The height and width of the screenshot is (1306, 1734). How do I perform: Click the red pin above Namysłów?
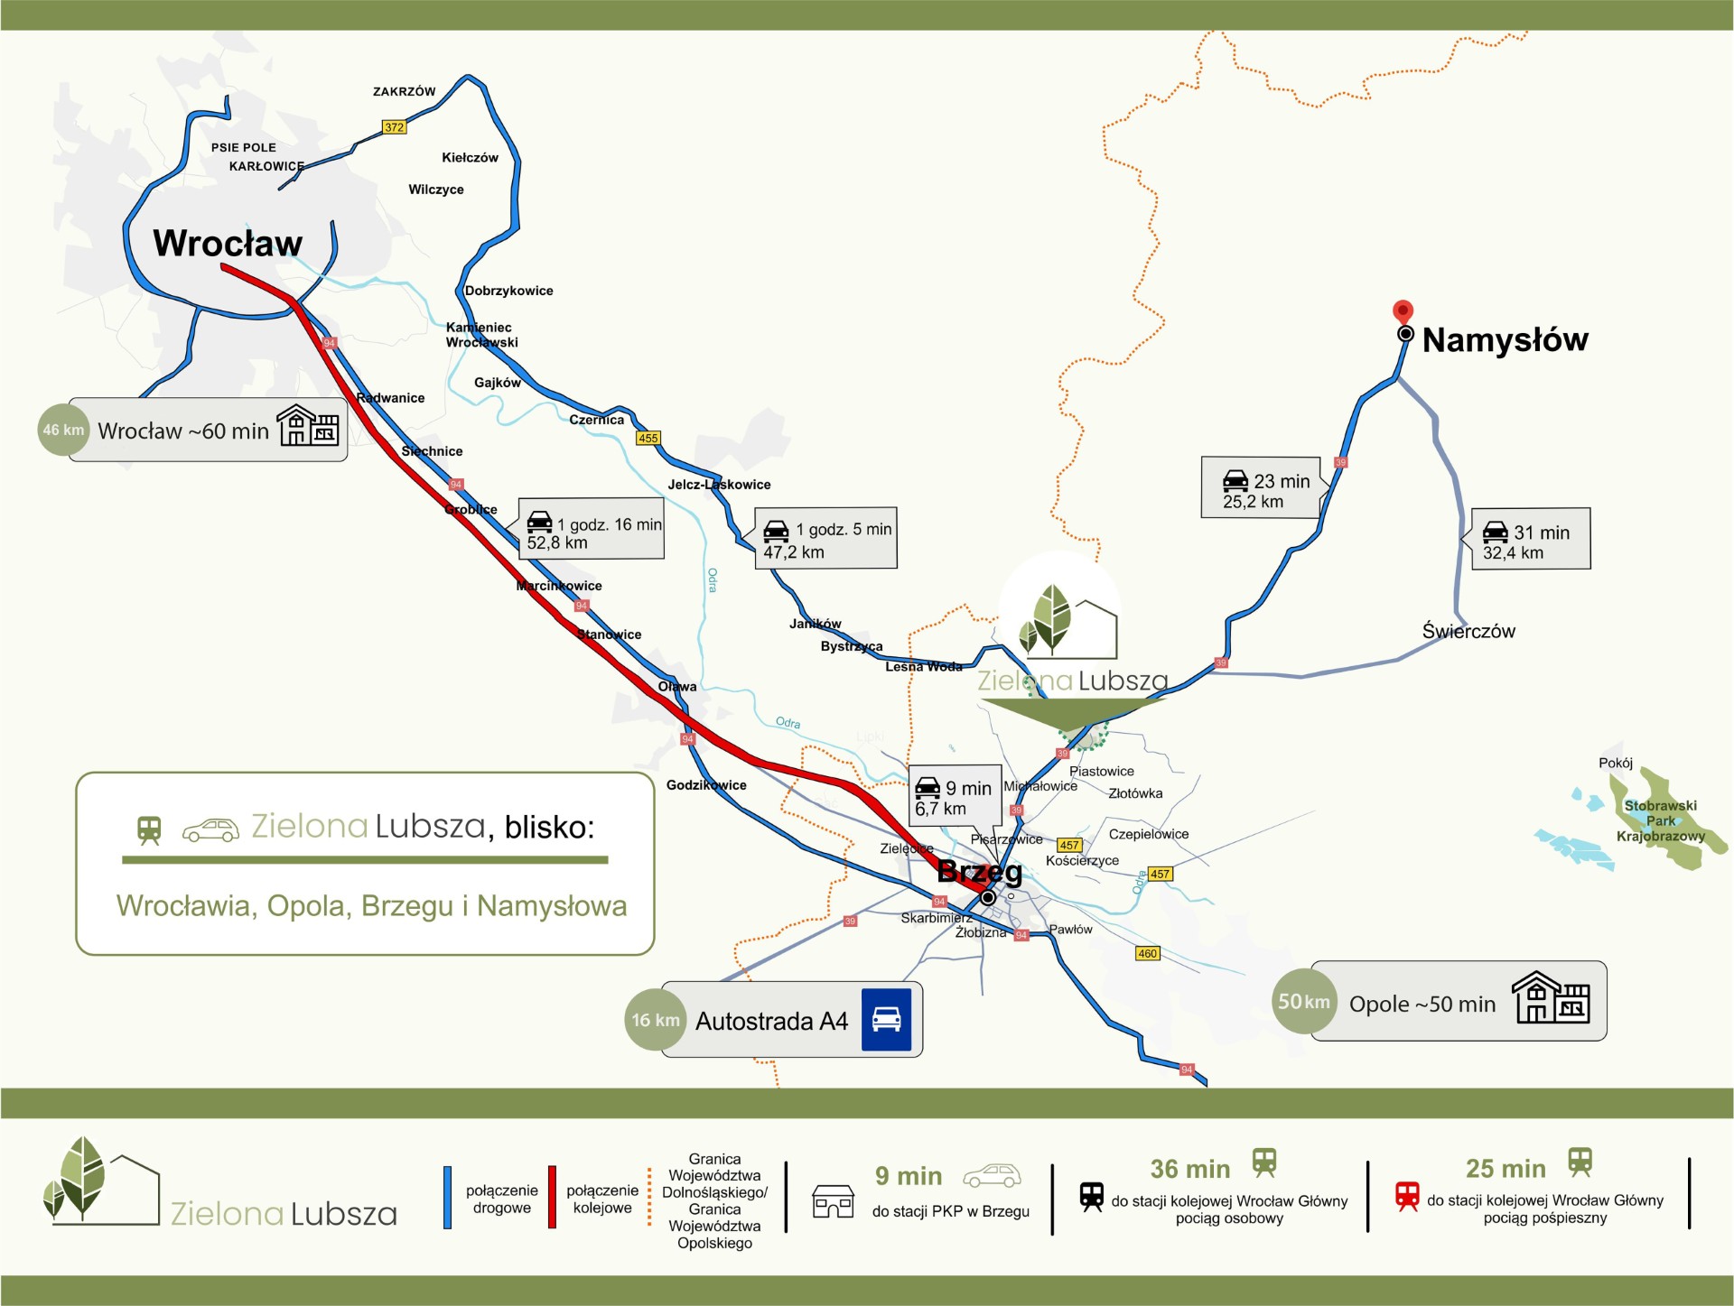(x=1403, y=311)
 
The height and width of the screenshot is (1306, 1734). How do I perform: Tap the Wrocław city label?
(x=228, y=243)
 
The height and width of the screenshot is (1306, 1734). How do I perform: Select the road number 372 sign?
(x=394, y=127)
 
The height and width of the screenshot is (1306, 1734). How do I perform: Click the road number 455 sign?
(x=648, y=438)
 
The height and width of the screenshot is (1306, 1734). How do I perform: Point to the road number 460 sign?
(x=1147, y=953)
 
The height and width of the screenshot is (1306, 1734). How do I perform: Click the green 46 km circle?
(x=63, y=430)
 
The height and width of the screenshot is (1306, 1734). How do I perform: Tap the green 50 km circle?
(x=1303, y=1001)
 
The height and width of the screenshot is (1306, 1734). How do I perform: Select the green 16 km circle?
(x=655, y=1020)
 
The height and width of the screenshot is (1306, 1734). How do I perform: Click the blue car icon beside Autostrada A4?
(x=886, y=1020)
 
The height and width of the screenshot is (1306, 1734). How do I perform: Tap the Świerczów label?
(x=1468, y=631)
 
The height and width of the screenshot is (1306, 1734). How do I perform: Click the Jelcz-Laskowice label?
(x=719, y=485)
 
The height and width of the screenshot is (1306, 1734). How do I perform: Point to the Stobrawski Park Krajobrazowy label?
(x=1660, y=820)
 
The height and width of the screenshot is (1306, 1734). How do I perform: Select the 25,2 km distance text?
(x=1253, y=502)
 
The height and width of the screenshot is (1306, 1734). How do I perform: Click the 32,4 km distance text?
(x=1513, y=552)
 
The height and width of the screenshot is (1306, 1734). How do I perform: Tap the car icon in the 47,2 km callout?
(x=776, y=530)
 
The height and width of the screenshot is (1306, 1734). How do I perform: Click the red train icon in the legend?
(x=1407, y=1196)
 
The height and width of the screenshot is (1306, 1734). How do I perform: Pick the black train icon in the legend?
(x=1092, y=1196)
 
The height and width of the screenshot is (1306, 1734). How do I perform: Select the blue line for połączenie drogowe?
(x=447, y=1198)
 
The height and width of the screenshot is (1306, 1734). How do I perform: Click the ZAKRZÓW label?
(x=404, y=91)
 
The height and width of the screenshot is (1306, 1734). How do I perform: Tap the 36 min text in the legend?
(x=1189, y=1169)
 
